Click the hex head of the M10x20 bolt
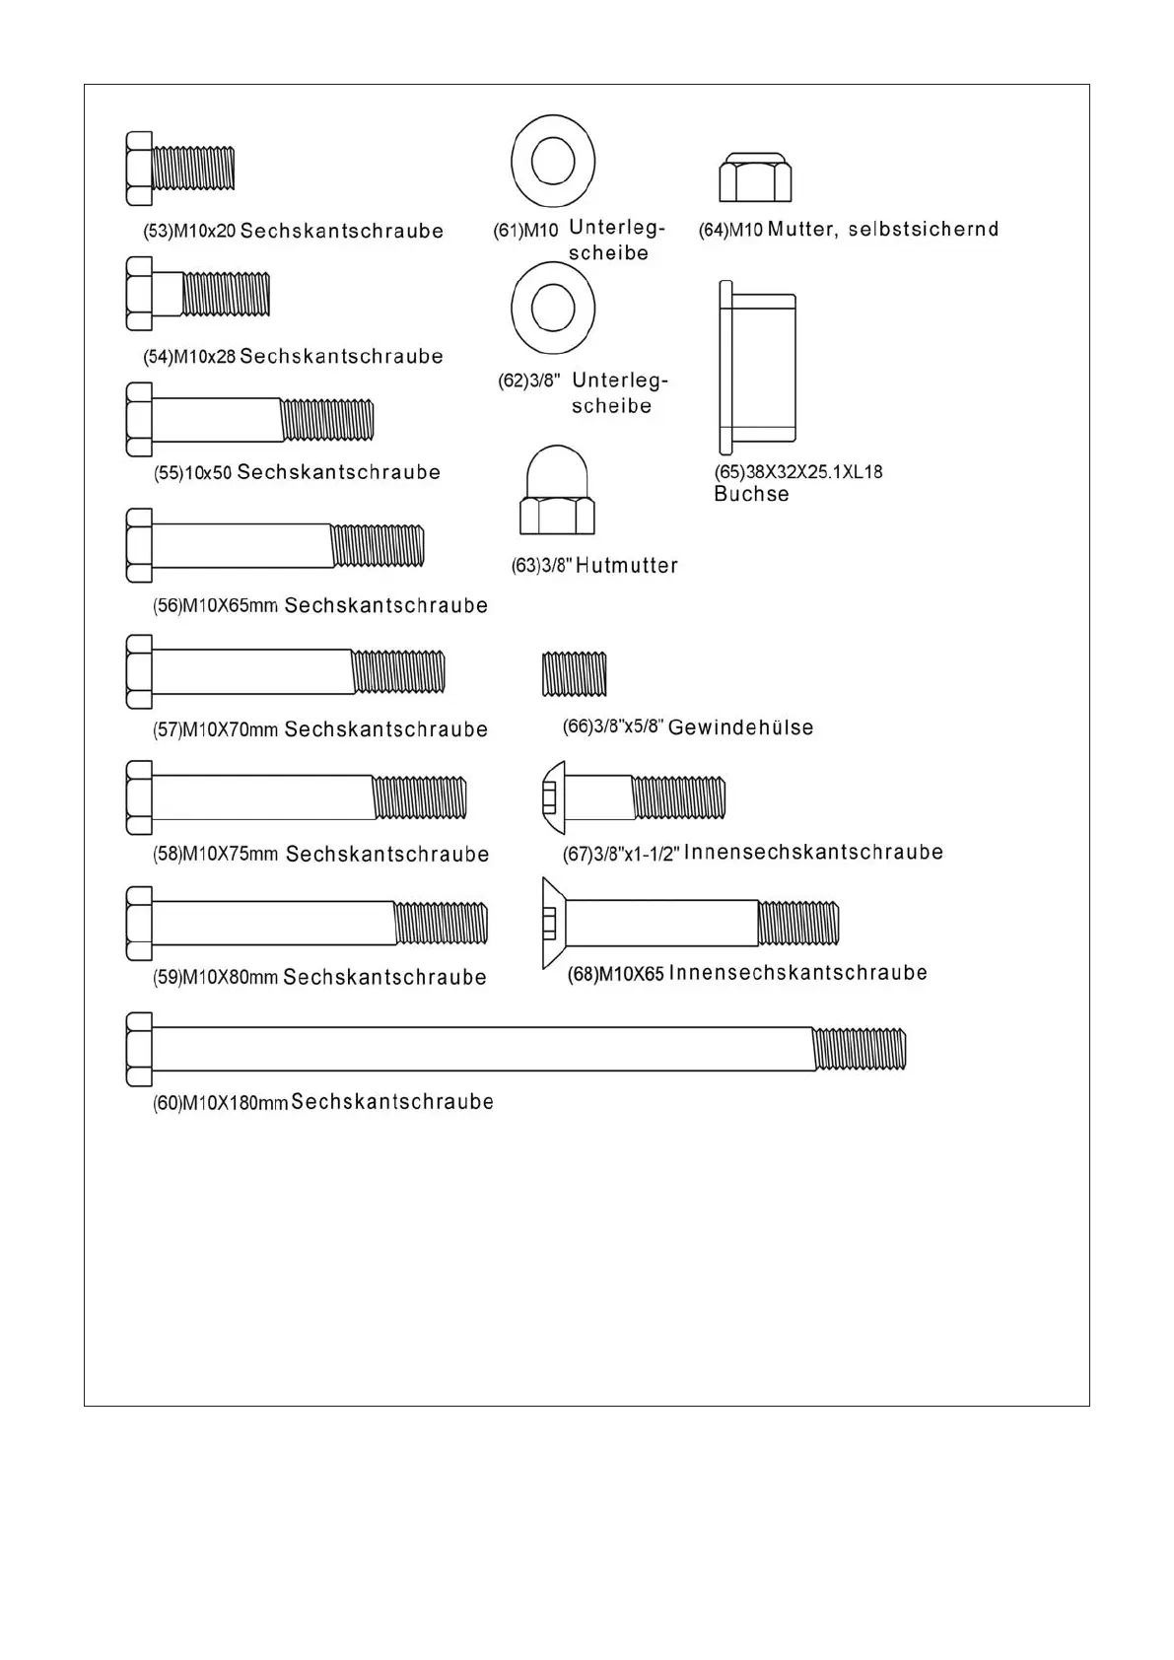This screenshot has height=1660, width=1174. tap(139, 169)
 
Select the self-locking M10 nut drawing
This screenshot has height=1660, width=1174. tap(755, 177)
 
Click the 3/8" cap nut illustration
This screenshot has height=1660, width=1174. tap(557, 492)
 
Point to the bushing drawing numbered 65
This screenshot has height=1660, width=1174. tap(757, 367)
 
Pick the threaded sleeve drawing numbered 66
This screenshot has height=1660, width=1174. tap(575, 674)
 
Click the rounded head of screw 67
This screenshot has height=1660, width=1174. tap(554, 797)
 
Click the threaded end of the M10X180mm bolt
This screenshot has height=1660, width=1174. tap(859, 1049)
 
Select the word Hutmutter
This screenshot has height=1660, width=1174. tap(627, 566)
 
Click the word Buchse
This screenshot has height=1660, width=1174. tap(751, 494)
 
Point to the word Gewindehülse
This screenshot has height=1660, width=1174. tap(741, 727)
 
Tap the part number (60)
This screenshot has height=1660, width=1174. tap(167, 1103)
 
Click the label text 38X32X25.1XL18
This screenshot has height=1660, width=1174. tap(814, 472)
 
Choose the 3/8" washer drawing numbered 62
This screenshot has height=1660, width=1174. tap(553, 309)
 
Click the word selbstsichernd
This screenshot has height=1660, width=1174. tap(924, 229)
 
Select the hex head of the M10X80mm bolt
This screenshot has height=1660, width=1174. tap(139, 924)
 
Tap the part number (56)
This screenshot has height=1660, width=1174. tap(167, 606)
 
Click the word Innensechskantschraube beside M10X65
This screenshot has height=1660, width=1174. tap(798, 973)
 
